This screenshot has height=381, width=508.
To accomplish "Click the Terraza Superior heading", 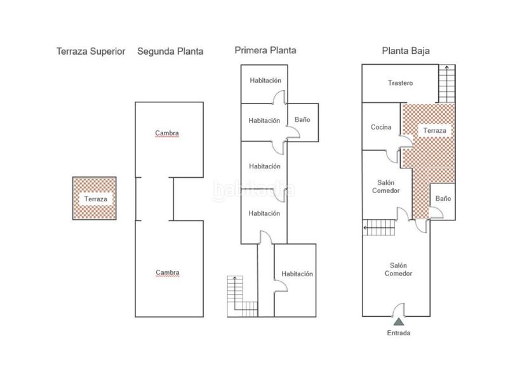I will tap(91, 51).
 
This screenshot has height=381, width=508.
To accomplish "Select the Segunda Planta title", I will tap(170, 51).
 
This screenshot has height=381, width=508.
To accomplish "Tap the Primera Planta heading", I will tap(265, 50).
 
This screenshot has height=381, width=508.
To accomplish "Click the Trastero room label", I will tap(401, 83).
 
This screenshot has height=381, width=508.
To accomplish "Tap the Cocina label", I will tap(381, 127).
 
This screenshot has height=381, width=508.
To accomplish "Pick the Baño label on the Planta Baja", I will tap(443, 199).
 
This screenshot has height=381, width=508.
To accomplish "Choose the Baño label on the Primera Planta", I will tap(302, 119).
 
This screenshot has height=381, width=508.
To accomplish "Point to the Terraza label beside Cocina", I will tap(435, 131).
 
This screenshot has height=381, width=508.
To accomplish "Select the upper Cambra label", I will tap(167, 133).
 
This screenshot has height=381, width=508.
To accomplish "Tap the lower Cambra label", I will tap(167, 272).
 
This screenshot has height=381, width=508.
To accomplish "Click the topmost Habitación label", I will tap(265, 81).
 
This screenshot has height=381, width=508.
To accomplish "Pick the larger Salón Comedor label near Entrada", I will tap(398, 269).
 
